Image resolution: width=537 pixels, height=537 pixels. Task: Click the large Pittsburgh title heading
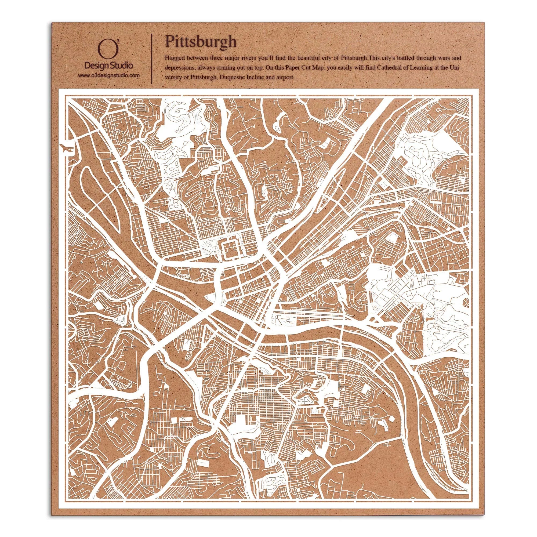point(200,42)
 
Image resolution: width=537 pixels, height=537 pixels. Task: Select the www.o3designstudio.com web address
point(108,75)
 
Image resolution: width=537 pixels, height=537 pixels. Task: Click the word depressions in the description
point(177,68)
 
